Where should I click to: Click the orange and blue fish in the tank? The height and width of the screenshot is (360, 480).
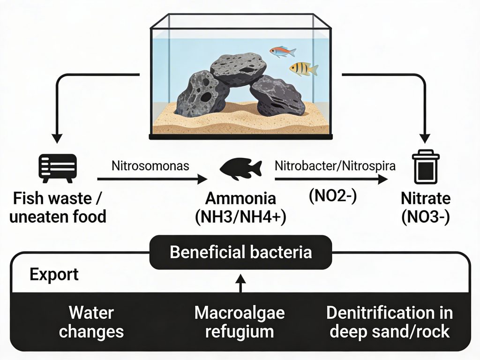click(x=279, y=52)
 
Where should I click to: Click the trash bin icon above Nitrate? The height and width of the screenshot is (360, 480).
click(x=425, y=167)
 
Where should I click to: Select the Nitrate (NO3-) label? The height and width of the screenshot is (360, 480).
click(x=426, y=207)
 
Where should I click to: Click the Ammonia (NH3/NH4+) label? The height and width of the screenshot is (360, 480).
click(x=240, y=207)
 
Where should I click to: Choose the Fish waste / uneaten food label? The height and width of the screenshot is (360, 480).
click(x=59, y=207)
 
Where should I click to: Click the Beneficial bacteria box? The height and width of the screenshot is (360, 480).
click(x=240, y=252)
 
